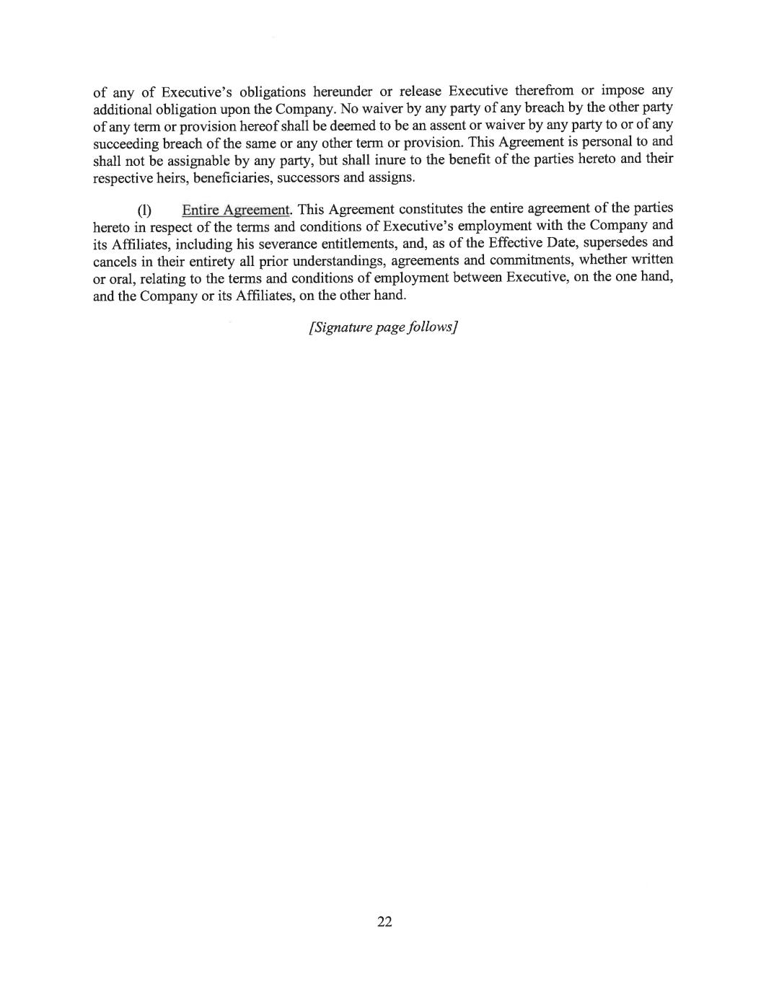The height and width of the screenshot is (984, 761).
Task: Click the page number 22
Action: pyautogui.click(x=384, y=921)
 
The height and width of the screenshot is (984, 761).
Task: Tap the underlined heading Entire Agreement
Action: pyautogui.click(x=235, y=210)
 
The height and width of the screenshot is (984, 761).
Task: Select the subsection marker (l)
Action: pyautogui.click(x=145, y=210)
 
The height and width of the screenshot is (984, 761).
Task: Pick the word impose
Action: pyautogui.click(x=623, y=91)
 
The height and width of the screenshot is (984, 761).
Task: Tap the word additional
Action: pyautogui.click(x=123, y=109)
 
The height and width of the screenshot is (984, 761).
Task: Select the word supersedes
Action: pyautogui.click(x=620, y=242)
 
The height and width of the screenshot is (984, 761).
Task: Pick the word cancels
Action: pyautogui.click(x=114, y=261)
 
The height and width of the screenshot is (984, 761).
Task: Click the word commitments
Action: pyautogui.click(x=520, y=260)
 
